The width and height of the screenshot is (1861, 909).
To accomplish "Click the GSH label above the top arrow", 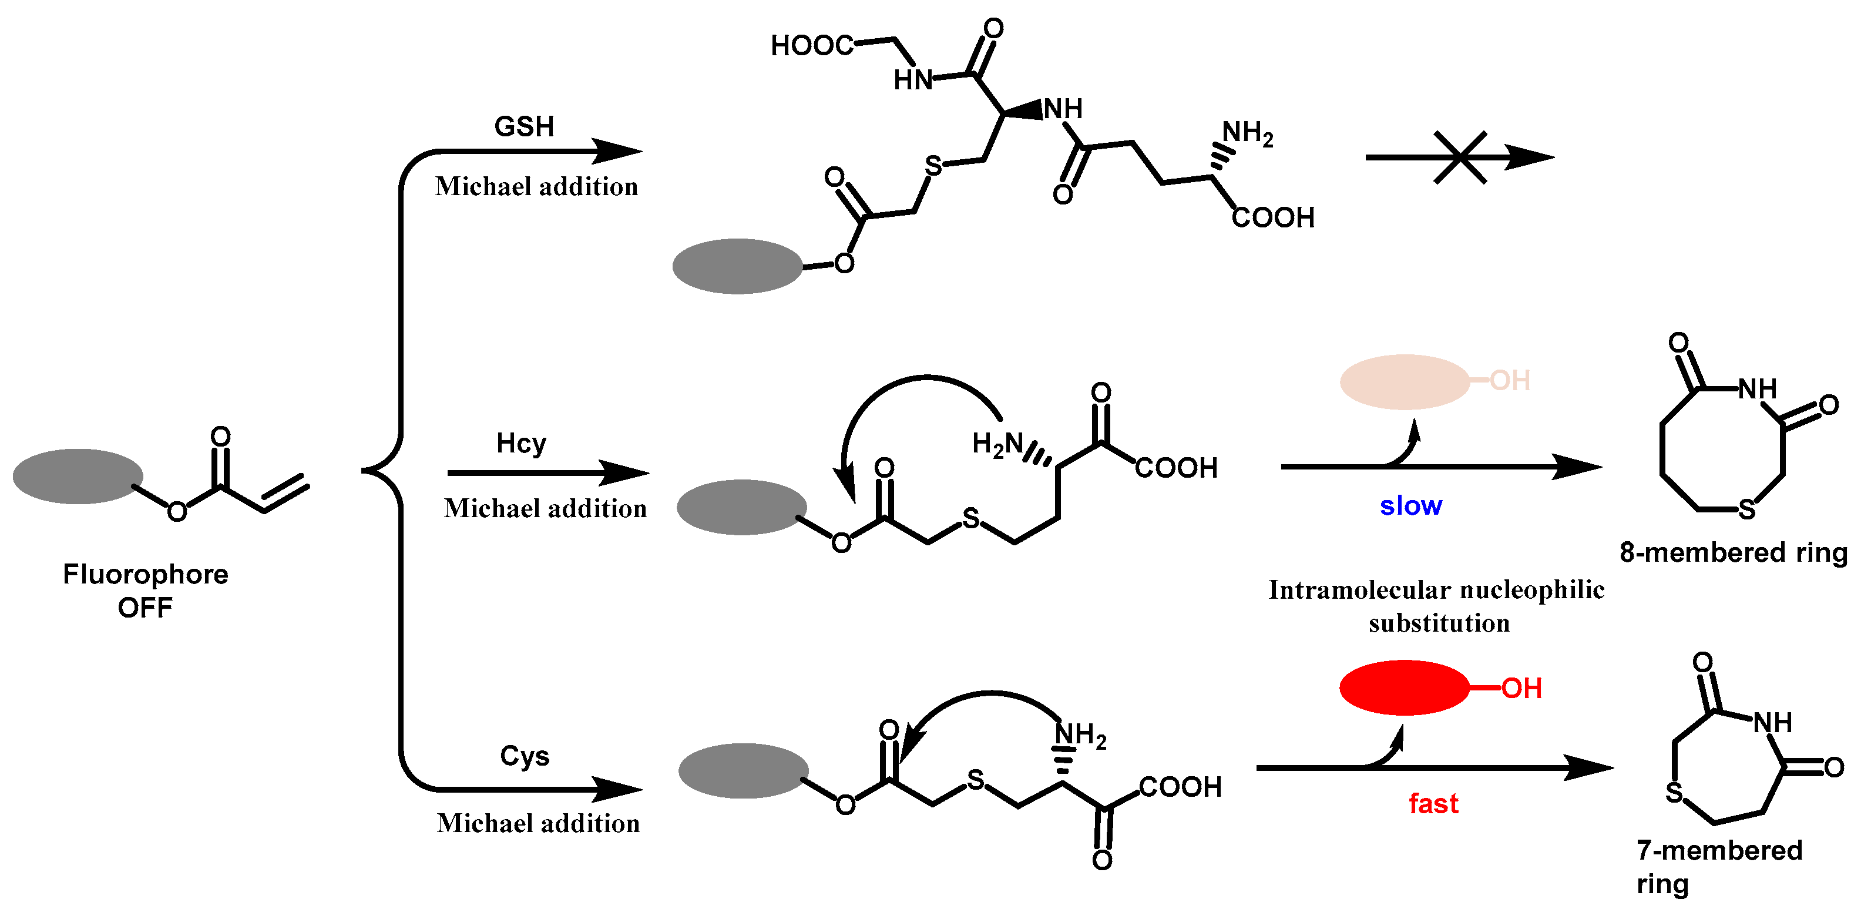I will (524, 126).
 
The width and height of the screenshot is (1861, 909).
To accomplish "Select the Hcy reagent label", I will (521, 443).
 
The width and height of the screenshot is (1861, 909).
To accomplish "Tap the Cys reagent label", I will (525, 756).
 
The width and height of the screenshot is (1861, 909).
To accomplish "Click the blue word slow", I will (1410, 505).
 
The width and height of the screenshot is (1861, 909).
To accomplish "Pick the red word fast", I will (1433, 803).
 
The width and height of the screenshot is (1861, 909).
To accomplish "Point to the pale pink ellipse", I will (1405, 381).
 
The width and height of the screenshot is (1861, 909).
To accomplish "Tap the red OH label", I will (1521, 688).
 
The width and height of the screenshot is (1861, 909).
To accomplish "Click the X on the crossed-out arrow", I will (1460, 157).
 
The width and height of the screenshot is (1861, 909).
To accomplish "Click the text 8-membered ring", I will (1733, 552).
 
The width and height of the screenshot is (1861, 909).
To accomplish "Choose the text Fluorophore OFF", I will (145, 591).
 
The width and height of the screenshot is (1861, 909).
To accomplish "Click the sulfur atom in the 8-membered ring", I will (1746, 509).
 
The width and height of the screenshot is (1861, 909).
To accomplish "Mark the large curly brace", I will (390, 471).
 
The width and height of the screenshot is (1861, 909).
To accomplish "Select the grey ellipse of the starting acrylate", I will (78, 476).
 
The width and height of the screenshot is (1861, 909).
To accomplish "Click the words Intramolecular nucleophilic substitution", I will (1436, 606).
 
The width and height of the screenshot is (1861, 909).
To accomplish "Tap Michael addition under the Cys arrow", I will (538, 823).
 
